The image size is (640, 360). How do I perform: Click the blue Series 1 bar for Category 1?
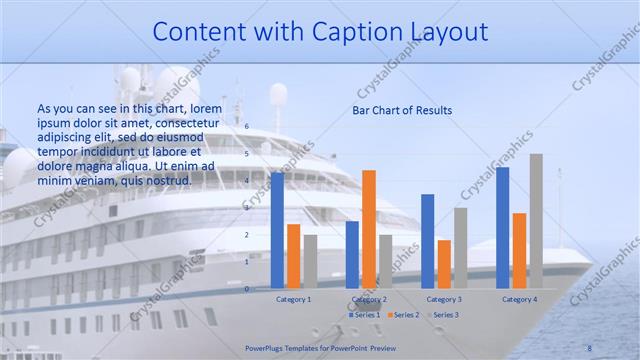[277, 230]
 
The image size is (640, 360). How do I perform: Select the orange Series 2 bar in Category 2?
[369, 229]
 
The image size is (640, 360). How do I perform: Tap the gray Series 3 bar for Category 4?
[536, 221]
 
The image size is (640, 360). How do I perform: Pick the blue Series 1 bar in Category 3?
[428, 241]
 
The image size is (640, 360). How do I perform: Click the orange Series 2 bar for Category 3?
[444, 264]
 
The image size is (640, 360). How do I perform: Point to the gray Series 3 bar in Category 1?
[310, 261]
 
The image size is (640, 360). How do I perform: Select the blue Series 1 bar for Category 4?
[502, 228]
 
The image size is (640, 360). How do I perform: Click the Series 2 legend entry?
[403, 315]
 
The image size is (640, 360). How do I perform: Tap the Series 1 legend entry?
[362, 315]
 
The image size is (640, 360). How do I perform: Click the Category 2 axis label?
[369, 299]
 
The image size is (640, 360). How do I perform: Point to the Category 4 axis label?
[519, 299]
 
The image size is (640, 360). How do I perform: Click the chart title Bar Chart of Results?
[402, 110]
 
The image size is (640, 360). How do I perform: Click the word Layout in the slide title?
[442, 33]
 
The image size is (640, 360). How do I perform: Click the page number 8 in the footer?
[589, 348]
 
